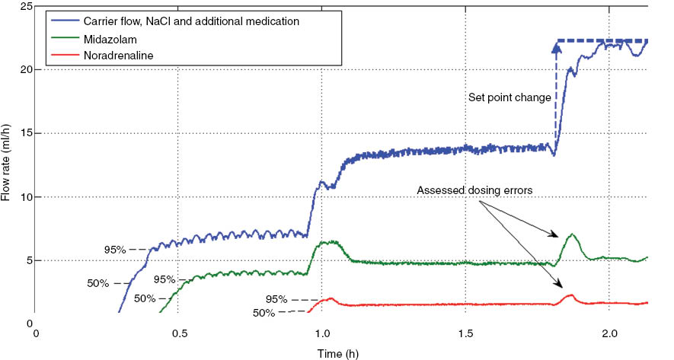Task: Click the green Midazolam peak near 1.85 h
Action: tap(571, 234)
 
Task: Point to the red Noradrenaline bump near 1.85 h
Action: tap(570, 295)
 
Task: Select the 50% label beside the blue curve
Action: tap(97, 283)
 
